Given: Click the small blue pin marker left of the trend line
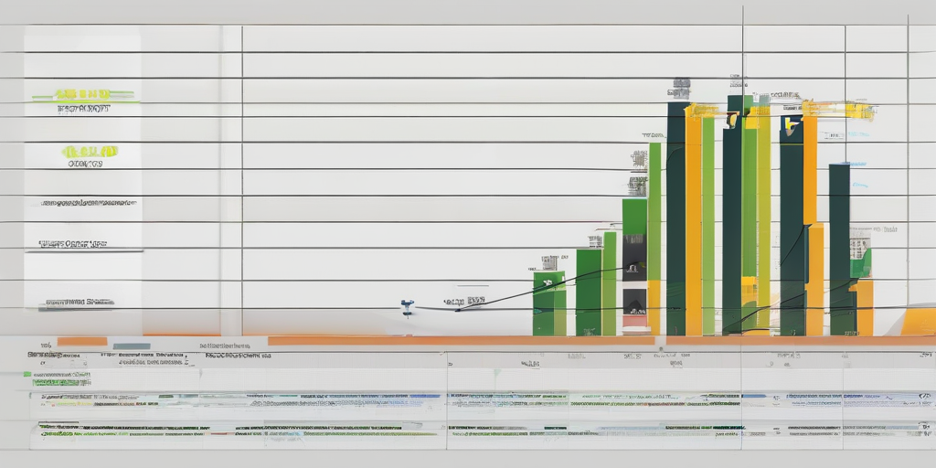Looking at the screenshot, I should tap(407, 306).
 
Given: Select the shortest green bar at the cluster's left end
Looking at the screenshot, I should tap(548, 303).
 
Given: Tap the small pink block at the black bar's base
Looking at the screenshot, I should tap(634, 321).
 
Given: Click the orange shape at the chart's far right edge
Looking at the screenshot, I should tap(920, 322).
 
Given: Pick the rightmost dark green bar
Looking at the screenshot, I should tap(839, 247).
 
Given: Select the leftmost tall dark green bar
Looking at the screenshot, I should tap(676, 219).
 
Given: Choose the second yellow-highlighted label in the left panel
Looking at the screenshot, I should tap(89, 151).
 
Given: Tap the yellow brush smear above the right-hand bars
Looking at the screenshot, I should tap(837, 111).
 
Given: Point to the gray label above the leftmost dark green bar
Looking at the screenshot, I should tap(680, 89).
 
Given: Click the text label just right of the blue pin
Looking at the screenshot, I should tap(464, 301).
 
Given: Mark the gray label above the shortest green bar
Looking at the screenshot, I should tap(549, 262).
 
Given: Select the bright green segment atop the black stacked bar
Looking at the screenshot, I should tap(634, 217).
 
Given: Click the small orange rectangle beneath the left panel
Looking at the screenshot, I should tap(82, 342).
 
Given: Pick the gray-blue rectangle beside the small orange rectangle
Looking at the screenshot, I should tap(132, 346).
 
